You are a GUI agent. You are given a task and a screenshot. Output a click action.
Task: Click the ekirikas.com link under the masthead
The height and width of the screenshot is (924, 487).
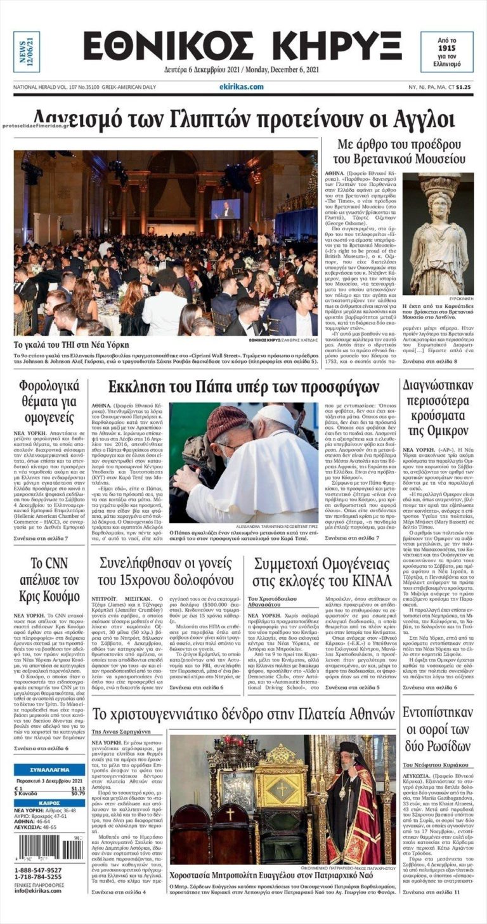pos(241,86)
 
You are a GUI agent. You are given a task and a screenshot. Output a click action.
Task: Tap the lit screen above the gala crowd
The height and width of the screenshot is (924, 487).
pos(226,209)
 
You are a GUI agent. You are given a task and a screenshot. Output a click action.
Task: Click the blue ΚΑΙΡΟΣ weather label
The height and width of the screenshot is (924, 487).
pos(49,802)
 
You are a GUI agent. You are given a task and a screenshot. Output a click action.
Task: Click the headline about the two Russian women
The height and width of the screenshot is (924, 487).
pos(437,730)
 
